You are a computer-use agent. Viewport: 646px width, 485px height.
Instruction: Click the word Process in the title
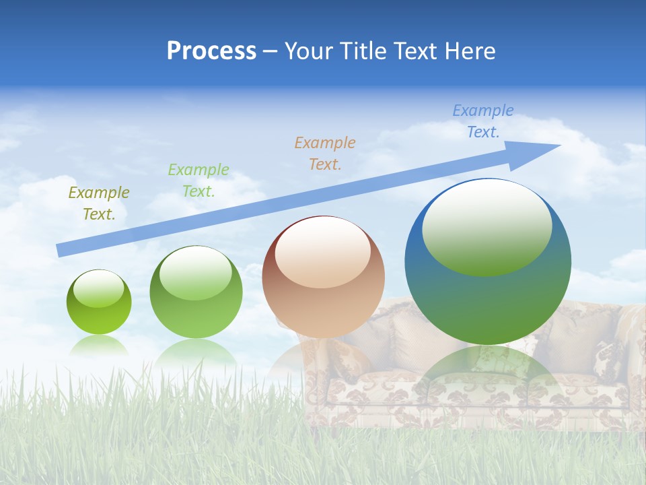(x=211, y=51)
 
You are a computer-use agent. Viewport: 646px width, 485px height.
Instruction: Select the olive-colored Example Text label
(x=99, y=203)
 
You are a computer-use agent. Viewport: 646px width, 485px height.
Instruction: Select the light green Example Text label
(x=199, y=181)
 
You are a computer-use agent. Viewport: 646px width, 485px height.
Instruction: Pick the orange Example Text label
(x=325, y=154)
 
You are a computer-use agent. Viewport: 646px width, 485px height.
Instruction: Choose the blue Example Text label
(x=483, y=121)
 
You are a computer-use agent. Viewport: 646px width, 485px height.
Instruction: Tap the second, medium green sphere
(x=196, y=317)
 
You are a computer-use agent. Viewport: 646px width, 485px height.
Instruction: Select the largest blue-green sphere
(x=488, y=303)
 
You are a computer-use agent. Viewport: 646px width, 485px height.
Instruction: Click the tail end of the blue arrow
(x=62, y=250)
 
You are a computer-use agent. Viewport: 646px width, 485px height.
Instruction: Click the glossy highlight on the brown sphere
(x=323, y=251)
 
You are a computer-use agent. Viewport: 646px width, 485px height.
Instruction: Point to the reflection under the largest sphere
(x=488, y=367)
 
